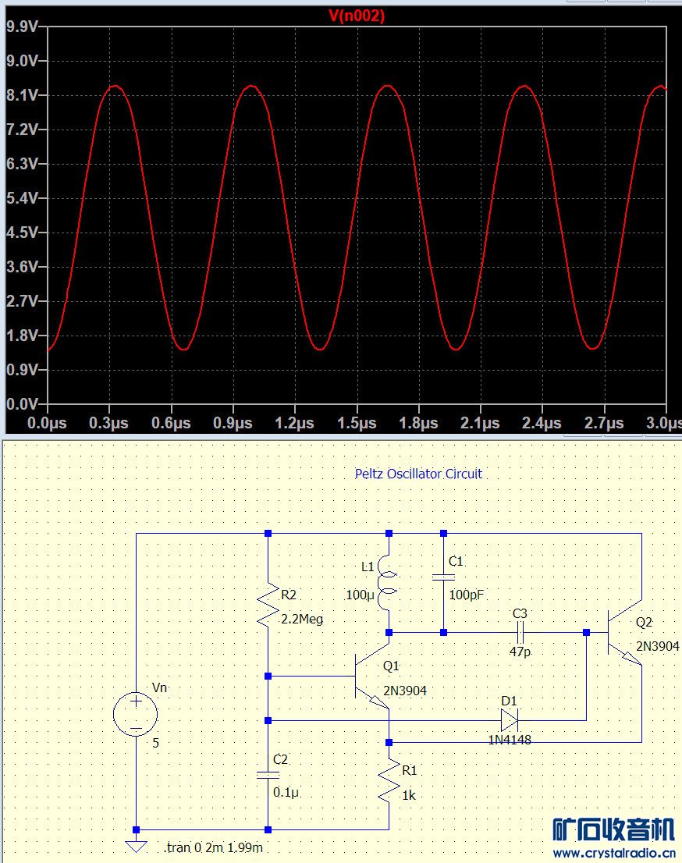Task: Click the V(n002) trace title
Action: point(356,16)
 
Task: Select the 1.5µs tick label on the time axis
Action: point(357,423)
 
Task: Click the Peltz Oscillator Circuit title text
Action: point(418,474)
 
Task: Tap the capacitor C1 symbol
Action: point(443,577)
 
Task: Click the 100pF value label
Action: point(467,595)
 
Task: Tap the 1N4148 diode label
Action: point(508,740)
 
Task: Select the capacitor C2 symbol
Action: point(268,774)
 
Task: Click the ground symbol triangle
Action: point(136,846)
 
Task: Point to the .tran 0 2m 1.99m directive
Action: point(213,848)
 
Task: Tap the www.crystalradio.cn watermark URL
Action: point(614,852)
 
